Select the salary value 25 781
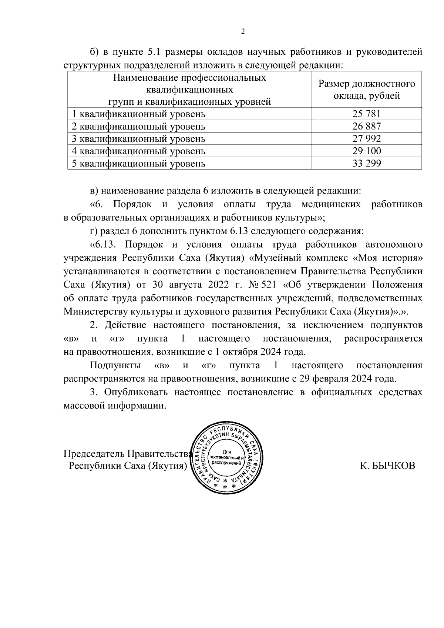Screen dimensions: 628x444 (x=366, y=114)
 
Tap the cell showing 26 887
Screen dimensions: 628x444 (x=366, y=126)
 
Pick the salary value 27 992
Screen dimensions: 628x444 (x=366, y=139)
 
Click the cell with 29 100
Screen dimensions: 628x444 (x=366, y=151)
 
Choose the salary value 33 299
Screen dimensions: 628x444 (x=366, y=163)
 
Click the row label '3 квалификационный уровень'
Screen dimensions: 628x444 (x=138, y=139)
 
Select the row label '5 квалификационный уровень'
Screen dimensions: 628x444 (x=138, y=163)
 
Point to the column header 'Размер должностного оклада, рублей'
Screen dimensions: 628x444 (x=366, y=90)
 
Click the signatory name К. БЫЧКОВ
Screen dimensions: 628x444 (x=388, y=466)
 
